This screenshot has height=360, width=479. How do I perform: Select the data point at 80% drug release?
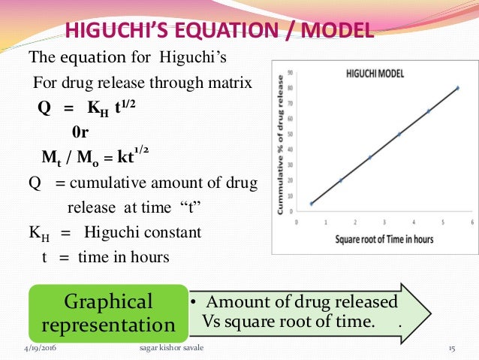457,88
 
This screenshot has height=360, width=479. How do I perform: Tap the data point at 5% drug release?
312,204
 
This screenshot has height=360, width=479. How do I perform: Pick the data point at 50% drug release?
399,134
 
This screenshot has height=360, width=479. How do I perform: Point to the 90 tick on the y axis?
290,73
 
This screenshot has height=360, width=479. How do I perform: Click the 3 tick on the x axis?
384,222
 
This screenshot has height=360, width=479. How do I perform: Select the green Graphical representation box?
110,313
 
